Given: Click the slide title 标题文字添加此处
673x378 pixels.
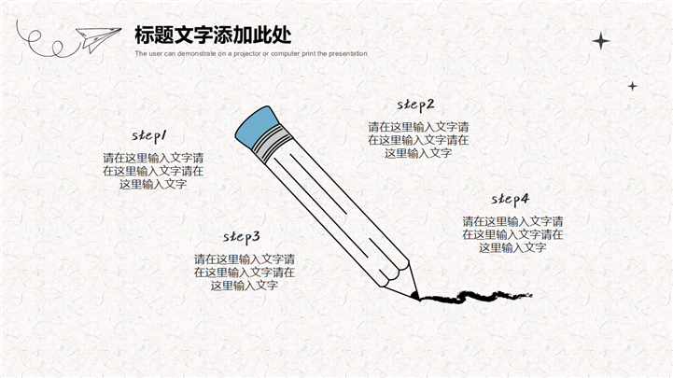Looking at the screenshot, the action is coord(214,35).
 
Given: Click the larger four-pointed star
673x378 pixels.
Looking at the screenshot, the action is coord(601,41).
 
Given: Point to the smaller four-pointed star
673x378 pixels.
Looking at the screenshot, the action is coord(632,86).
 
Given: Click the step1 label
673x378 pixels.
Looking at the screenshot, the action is coord(149,135).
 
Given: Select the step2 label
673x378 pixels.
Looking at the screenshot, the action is coord(415,105).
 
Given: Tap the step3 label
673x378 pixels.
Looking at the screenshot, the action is coord(241,237).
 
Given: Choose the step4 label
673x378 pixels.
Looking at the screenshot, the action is coord(511,199).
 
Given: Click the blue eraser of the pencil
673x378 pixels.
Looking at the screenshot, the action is coord(258,126).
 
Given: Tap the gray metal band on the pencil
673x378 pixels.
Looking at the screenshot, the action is coord(273,144).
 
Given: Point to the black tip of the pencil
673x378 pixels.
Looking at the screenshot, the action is coord(415,296).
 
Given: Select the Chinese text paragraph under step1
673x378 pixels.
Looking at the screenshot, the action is coord(153,171).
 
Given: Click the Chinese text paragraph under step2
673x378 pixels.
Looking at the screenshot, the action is coord(418,140).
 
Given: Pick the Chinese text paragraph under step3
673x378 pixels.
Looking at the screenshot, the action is coord(245,272).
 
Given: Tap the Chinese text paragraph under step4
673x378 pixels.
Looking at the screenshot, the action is coord(512,234).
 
